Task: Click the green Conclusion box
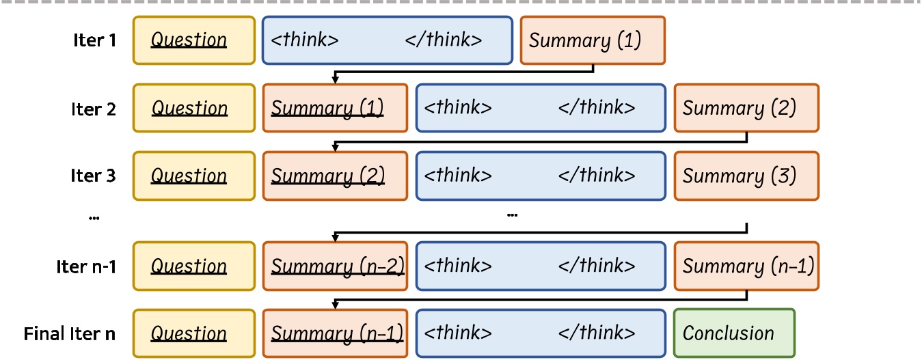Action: [x=734, y=333]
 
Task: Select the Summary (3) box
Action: [x=746, y=176]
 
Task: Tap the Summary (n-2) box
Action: [x=335, y=266]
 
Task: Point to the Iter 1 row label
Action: [x=94, y=40]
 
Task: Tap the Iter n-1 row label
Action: [x=86, y=266]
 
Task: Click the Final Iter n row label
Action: [x=70, y=334]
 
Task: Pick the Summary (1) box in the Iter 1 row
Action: [x=592, y=40]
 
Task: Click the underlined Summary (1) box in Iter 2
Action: [x=335, y=109]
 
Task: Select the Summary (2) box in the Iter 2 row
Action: [x=746, y=109]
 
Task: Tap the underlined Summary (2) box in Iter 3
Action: [x=335, y=176]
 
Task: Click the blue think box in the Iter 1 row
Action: [x=387, y=40]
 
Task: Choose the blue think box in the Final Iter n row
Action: [x=540, y=333]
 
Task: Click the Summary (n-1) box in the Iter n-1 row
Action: [x=746, y=266]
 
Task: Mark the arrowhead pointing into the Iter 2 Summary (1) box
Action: [x=335, y=80]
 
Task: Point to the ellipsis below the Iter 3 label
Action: [x=94, y=217]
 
